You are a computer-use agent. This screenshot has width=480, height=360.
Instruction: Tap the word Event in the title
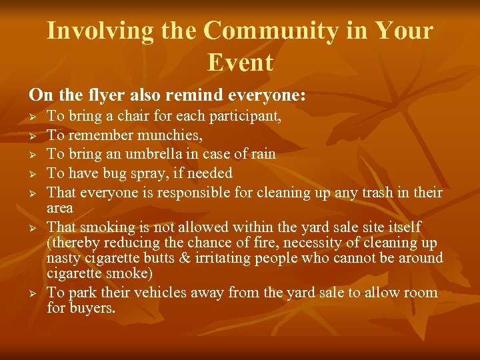coord(240,63)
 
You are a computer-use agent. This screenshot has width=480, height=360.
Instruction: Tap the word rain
coord(262,154)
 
